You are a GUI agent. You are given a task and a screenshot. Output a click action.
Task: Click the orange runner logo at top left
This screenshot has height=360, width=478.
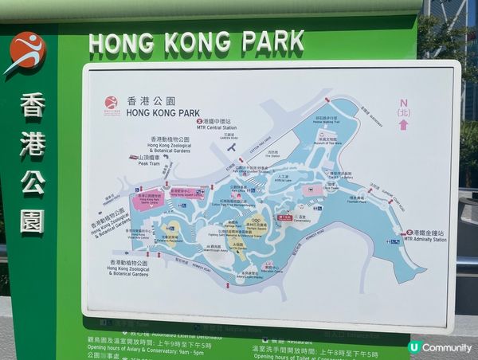click(26, 52)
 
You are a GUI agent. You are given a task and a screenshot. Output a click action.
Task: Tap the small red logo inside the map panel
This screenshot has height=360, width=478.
click(112, 102)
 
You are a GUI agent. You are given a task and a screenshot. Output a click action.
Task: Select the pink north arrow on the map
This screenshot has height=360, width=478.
click(403, 123)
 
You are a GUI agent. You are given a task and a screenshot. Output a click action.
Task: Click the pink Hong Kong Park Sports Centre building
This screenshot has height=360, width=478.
click(148, 198)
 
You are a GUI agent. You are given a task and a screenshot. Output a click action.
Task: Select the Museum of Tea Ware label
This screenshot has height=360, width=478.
click(327, 141)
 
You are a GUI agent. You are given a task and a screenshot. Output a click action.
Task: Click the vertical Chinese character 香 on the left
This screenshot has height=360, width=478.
click(33, 105)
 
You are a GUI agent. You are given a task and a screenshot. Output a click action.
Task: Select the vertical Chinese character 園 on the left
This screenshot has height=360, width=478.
click(33, 221)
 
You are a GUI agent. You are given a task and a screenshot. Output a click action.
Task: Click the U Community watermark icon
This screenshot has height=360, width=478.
click(414, 347)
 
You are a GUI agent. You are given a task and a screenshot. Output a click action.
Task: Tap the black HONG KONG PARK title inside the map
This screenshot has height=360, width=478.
click(161, 112)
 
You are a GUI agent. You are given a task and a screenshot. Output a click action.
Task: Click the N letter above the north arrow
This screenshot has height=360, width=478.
click(403, 102)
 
